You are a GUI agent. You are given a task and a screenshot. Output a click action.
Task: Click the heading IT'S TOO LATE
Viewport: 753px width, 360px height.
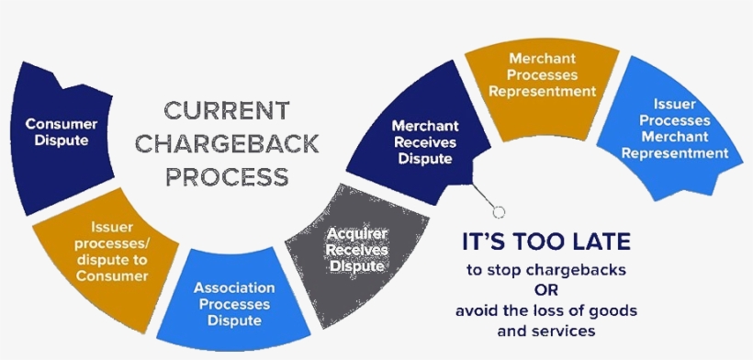(545, 243)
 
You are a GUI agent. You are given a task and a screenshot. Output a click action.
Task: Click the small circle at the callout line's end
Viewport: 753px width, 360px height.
(499, 212)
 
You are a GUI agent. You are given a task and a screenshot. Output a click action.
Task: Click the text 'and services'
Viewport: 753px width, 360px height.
(545, 330)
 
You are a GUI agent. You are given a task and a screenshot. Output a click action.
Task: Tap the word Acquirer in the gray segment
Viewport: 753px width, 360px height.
(357, 234)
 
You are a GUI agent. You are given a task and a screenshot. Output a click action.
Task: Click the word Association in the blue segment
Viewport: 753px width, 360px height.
(234, 287)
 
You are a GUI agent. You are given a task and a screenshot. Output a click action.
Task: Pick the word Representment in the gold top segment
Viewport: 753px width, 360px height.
(543, 92)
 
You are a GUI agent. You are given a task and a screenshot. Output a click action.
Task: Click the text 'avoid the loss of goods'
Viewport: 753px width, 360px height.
(545, 310)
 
